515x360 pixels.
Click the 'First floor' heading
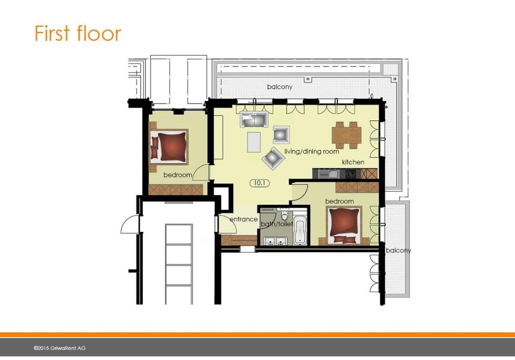coord(78,33)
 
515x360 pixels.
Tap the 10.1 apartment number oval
coord(259,183)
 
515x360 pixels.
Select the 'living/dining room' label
coord(311,152)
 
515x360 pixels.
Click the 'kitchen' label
coord(353,162)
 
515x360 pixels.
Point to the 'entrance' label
coord(244,219)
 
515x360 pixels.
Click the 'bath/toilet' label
coord(276,224)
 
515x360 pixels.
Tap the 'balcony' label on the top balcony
coord(279,86)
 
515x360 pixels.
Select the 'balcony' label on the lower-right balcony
coord(399,251)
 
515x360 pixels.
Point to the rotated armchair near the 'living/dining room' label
coord(273,157)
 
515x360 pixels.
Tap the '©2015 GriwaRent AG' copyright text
coord(59,348)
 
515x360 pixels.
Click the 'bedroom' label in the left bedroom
coord(178,175)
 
